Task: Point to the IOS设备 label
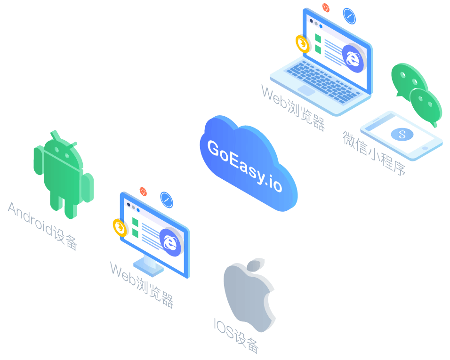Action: pos(236,336)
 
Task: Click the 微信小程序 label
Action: pos(374,153)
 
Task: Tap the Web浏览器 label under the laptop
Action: pos(293,108)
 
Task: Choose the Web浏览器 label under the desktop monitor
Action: pos(142,285)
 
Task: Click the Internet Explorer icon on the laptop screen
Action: pos(353,58)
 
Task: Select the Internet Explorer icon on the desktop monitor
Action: pos(170,242)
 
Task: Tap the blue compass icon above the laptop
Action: pos(349,16)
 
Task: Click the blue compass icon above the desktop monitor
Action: pos(167,200)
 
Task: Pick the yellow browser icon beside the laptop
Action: pos(303,44)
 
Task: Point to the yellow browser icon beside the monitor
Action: pos(120,228)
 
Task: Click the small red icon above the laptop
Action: pos(326,8)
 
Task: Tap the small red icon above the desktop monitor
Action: pos(143,192)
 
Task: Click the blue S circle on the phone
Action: pos(402,134)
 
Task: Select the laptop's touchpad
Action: pos(306,90)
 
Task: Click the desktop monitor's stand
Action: pos(148,265)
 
